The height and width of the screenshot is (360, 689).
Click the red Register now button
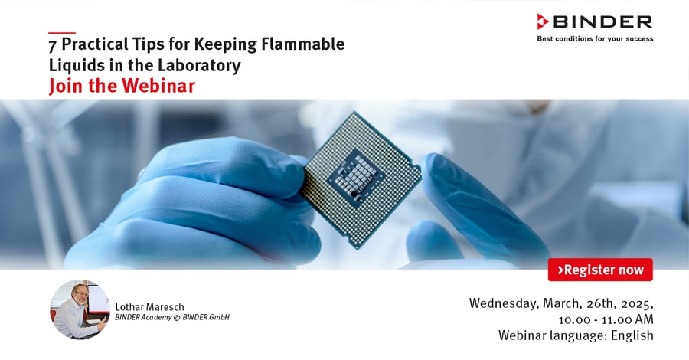(600, 270)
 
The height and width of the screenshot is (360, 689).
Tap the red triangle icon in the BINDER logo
(543, 21)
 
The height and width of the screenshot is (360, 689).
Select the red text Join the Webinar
(122, 85)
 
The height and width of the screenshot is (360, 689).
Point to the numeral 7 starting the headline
(53, 45)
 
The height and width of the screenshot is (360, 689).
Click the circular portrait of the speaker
(80, 309)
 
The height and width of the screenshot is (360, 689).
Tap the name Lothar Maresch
(149, 307)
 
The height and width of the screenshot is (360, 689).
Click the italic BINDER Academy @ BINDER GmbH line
(172, 317)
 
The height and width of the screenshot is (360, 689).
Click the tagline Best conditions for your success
(595, 39)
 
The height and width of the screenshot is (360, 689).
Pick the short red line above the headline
(62, 33)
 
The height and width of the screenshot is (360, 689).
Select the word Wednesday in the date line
(504, 303)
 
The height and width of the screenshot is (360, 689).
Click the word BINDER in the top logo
(602, 21)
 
